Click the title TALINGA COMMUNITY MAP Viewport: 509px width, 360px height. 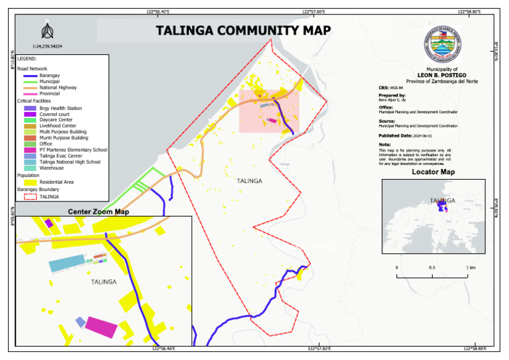click(243, 30)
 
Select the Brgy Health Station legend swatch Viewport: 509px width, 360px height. click(30, 108)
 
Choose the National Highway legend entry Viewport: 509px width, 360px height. click(58, 88)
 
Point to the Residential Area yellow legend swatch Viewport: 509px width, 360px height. click(30, 182)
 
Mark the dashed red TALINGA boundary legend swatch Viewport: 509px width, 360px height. click(30, 196)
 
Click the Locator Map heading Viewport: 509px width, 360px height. click(433, 172)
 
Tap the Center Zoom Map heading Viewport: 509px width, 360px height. click(99, 212)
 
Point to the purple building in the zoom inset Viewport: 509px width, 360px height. click(48, 222)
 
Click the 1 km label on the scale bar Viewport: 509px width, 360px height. click(471, 268)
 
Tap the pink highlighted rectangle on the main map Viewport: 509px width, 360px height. click(269, 111)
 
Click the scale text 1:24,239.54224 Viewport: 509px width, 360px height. click(47, 46)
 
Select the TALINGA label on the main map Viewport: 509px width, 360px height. click(249, 181)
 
